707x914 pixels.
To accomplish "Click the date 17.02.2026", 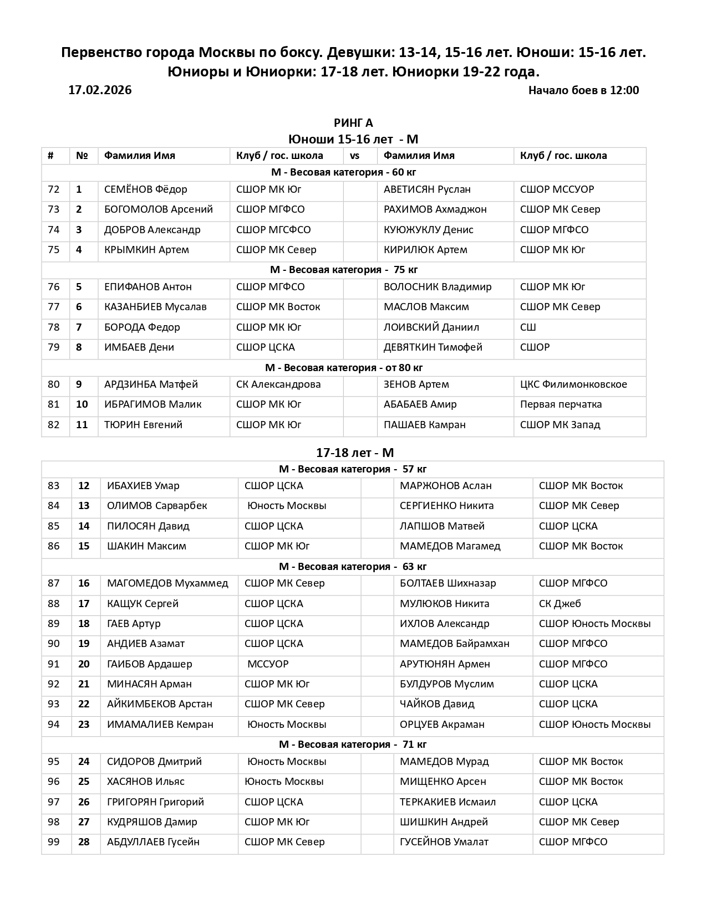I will pos(100,90).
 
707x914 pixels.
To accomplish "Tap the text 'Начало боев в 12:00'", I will pos(583,90).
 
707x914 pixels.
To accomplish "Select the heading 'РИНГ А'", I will pos(353,123).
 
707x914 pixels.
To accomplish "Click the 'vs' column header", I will pos(355,156).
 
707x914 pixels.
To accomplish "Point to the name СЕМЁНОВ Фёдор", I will pos(146,189).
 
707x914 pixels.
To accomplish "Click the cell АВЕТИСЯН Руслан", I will pos(427,189).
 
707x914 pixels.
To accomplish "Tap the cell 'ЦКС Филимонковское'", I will pos(573,384).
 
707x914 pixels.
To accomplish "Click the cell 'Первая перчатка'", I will pos(561,404).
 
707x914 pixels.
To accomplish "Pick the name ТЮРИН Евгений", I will pos(143,425).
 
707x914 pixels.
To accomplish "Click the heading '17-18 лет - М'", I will pos(355,453).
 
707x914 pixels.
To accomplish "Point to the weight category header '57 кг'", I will pos(353,469).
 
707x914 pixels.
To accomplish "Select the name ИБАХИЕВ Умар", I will pos(143,486).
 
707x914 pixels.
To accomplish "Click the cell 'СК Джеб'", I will pos(560,604).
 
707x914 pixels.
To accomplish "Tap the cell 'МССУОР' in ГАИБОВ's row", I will pos(268,664).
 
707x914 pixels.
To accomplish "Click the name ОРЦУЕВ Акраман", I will pos(442,725).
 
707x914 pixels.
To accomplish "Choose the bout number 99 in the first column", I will pos(53,842).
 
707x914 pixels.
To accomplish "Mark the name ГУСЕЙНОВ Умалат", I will pos(444,842).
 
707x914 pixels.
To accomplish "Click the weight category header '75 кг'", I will pos(344,270).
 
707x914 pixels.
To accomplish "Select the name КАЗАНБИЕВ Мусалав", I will pos(155,307).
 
